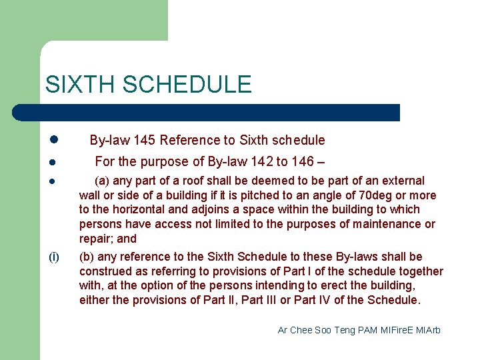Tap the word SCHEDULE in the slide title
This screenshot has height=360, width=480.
tap(187, 85)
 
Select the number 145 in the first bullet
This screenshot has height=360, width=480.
tap(145, 140)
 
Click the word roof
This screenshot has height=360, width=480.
tap(191, 181)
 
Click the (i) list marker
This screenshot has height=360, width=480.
tap(54, 257)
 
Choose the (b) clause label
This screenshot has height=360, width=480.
tap(87, 257)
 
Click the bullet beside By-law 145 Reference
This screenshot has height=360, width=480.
tap(54, 140)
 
